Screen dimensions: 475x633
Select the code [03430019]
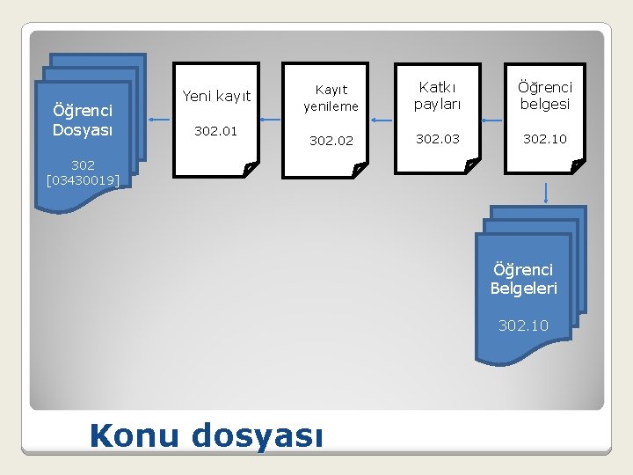coord(83,181)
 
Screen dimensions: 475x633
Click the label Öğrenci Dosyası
coord(82,121)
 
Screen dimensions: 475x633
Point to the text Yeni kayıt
coord(216,96)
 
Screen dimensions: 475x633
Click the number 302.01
coord(215,131)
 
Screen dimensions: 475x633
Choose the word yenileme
coord(331,107)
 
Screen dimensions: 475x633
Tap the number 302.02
coord(331,140)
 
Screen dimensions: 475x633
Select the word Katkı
coord(437,87)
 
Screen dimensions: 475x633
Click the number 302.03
coord(437,139)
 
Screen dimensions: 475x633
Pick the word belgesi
coord(544,104)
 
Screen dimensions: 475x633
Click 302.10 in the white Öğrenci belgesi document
coord(544,139)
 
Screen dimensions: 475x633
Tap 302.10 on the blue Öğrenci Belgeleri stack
coord(523,325)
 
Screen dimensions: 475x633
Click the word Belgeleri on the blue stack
coord(523,288)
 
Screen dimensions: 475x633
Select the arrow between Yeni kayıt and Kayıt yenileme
coord(271,120)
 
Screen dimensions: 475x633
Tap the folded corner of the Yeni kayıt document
coord(249,167)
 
